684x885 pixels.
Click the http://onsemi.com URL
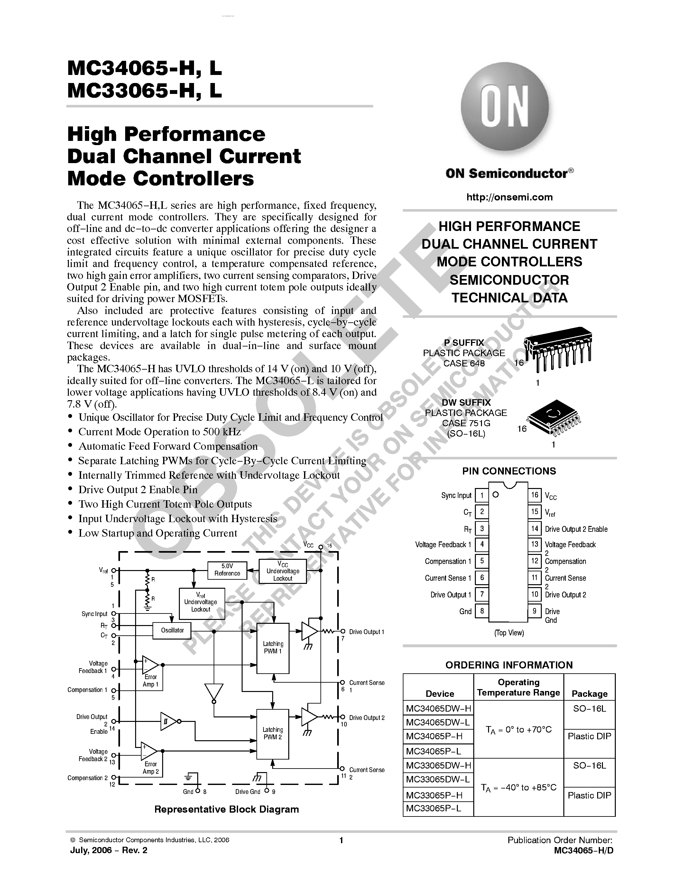pyautogui.click(x=509, y=197)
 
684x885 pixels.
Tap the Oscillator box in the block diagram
pyautogui.click(x=172, y=630)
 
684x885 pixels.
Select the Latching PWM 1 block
pyautogui.click(x=273, y=648)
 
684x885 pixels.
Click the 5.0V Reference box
pyautogui.click(x=227, y=569)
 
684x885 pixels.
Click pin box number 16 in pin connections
pyautogui.click(x=534, y=495)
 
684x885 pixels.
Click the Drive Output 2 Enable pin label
pyautogui.click(x=576, y=529)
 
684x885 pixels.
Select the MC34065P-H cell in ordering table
pyautogui.click(x=434, y=736)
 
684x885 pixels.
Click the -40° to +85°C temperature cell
pyautogui.click(x=518, y=787)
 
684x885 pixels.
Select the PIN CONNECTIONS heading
pyautogui.click(x=509, y=471)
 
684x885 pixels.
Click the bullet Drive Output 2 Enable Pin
pyautogui.click(x=138, y=490)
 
